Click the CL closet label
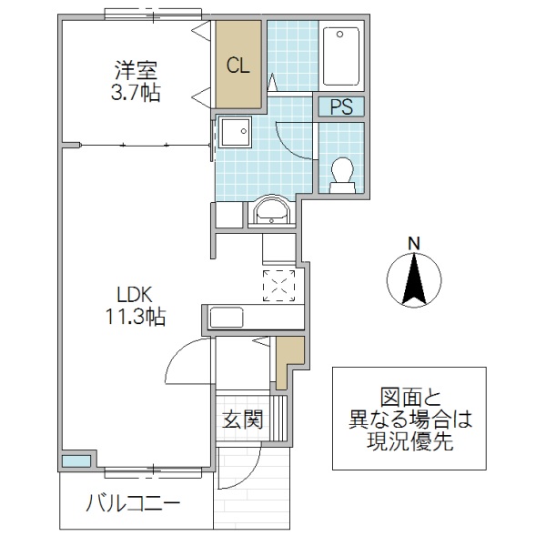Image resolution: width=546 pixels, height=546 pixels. click(x=238, y=66)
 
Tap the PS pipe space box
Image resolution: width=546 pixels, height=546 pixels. click(x=340, y=106)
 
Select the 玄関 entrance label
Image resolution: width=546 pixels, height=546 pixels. click(x=243, y=420)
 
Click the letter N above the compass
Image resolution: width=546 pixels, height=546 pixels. click(x=412, y=243)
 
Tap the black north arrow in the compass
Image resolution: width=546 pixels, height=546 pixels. click(x=412, y=278)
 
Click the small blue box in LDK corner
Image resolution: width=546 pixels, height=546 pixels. click(x=76, y=460)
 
